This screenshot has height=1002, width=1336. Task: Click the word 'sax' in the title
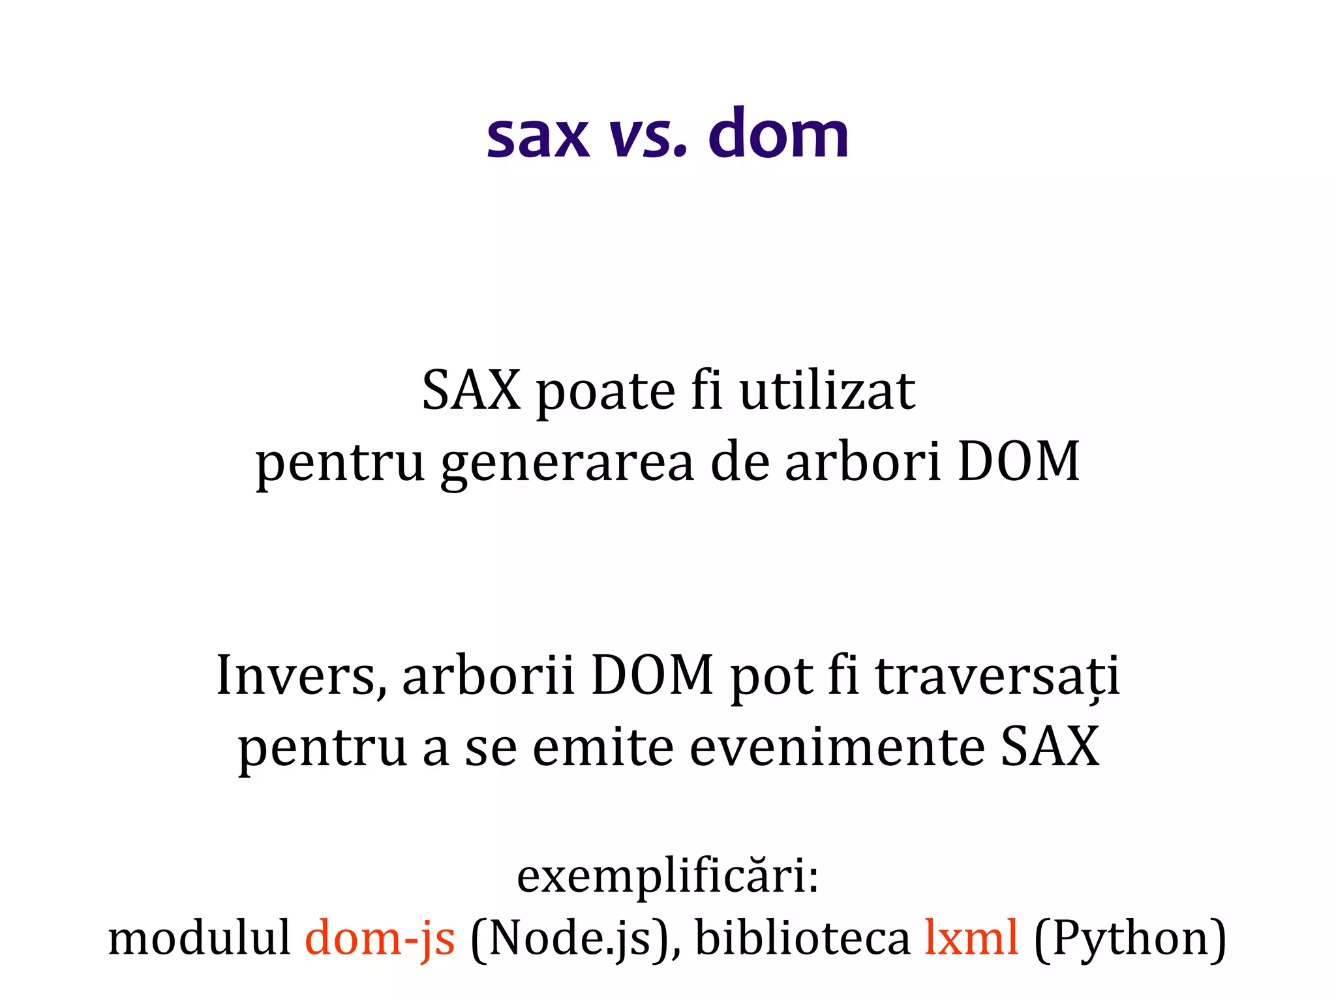click(538, 137)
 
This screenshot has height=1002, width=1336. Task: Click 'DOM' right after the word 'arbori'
click(1018, 461)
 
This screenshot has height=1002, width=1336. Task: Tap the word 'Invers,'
click(301, 676)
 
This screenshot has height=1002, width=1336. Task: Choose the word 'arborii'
click(488, 676)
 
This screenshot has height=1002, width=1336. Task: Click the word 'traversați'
click(997, 676)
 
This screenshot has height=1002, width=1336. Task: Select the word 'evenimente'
click(837, 746)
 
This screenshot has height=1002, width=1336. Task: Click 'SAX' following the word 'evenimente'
click(1050, 746)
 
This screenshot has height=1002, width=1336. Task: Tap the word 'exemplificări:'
click(668, 876)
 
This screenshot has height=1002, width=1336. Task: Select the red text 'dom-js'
click(380, 939)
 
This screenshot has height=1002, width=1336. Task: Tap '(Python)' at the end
click(1131, 939)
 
